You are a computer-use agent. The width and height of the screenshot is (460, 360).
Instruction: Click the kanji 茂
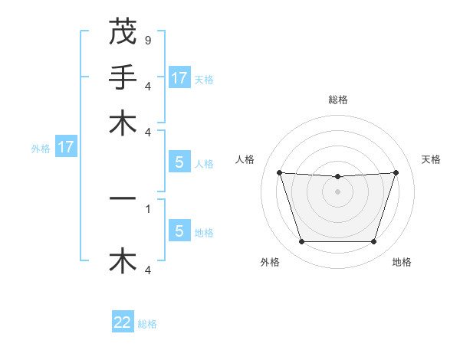[123, 33]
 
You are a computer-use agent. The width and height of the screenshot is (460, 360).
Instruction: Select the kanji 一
[123, 198]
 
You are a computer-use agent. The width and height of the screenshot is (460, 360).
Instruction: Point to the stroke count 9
[147, 40]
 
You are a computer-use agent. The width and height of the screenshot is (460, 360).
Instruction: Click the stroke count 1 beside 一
[147, 208]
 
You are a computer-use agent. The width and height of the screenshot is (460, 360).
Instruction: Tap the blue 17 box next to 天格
[179, 78]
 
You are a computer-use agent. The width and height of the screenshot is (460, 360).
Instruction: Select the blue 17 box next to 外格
[66, 147]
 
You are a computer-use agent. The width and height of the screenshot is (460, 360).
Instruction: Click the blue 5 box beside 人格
[179, 162]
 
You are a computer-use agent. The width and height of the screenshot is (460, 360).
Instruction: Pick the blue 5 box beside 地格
[179, 231]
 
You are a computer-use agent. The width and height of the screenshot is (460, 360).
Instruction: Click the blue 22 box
[123, 322]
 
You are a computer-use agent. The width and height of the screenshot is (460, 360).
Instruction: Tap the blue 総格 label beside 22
[147, 324]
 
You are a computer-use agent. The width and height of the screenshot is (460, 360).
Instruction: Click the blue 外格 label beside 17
[41, 149]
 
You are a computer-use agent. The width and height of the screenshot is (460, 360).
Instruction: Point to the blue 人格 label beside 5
[204, 164]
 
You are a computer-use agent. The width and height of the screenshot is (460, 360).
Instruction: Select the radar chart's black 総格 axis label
[338, 100]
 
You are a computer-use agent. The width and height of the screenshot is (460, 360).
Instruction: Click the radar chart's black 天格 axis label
[432, 159]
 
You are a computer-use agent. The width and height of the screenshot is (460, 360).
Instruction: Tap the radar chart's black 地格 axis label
[402, 262]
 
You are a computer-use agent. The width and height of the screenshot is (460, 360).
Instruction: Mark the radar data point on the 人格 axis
[279, 172]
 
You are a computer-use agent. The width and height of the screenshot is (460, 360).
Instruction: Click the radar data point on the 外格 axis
[301, 242]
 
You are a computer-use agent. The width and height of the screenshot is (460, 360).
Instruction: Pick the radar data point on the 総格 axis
[337, 177]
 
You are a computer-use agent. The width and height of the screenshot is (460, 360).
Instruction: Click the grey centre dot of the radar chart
[337, 191]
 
